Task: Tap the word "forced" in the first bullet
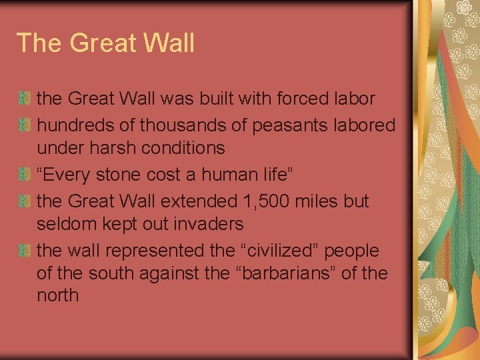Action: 294,99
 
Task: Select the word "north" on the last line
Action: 58,295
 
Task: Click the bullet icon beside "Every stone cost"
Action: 25,175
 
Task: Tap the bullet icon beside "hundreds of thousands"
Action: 25,125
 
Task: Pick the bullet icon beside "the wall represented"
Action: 25,251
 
